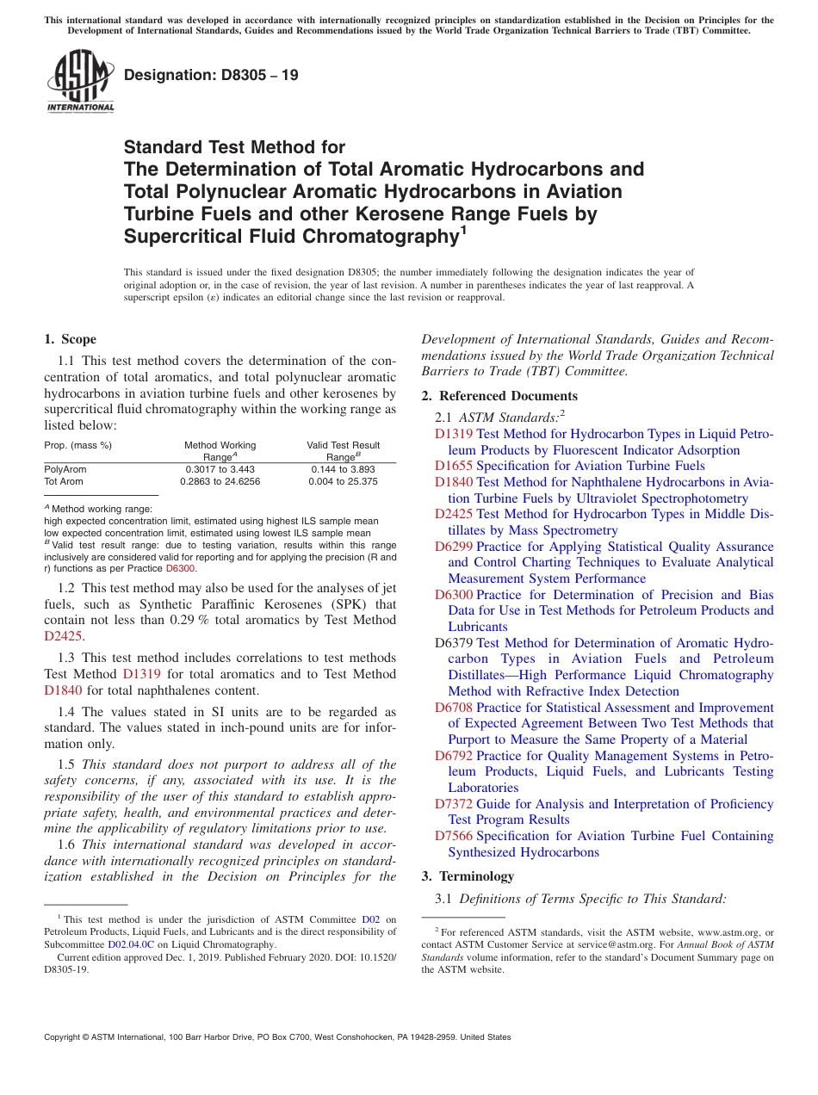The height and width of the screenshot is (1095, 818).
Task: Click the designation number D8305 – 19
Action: (x=211, y=75)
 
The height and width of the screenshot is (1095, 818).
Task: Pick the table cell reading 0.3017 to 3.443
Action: (x=220, y=469)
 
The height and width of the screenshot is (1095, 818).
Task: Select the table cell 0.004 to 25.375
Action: (x=343, y=481)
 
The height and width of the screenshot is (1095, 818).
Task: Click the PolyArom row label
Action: (x=65, y=469)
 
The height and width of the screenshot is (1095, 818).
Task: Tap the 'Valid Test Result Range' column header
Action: (x=343, y=451)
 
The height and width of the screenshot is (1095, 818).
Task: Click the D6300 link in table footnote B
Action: (x=181, y=569)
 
